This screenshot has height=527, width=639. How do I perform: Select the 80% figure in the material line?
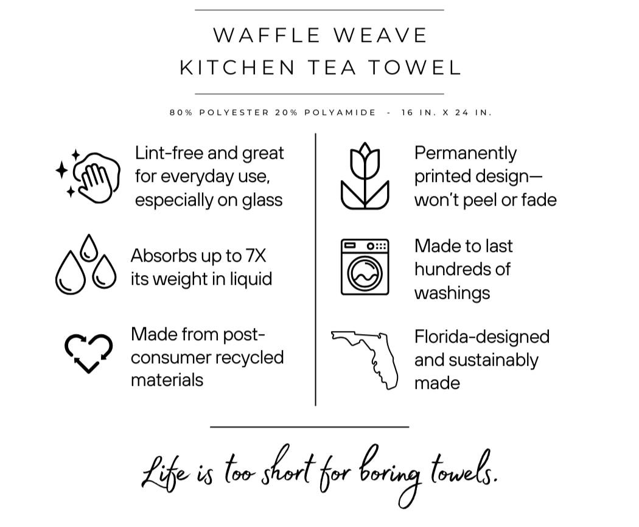pos(180,113)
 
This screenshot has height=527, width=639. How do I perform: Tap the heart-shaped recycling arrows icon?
pos(88,352)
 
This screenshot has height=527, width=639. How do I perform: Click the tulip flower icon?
pos(364,176)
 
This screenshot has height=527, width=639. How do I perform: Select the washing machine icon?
pos(365,267)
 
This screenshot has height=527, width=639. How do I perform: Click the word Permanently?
pos(466,153)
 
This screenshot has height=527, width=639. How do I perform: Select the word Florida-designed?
pos(481,337)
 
